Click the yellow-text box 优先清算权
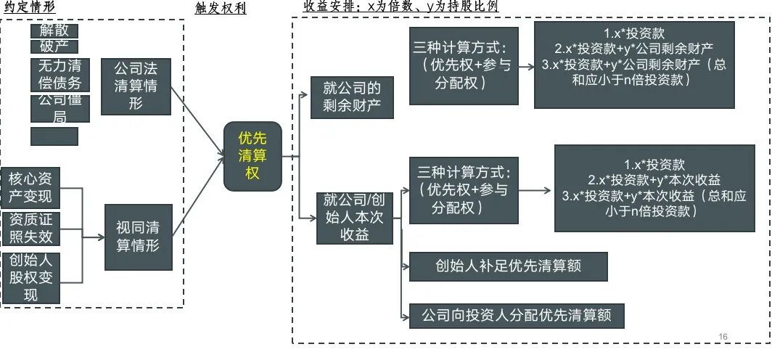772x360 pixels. tap(252, 156)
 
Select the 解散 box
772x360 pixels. tap(54, 31)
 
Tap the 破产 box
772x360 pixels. tap(54, 47)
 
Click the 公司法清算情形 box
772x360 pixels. tap(136, 86)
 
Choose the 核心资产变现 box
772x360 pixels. tap(31, 187)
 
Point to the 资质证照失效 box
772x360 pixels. tap(31, 228)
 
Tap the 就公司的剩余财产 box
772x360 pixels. tap(352, 97)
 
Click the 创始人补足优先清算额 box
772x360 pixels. tap(507, 266)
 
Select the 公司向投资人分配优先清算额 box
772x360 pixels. tap(517, 316)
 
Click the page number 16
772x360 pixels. tap(722, 336)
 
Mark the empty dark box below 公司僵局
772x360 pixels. tap(54, 136)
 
